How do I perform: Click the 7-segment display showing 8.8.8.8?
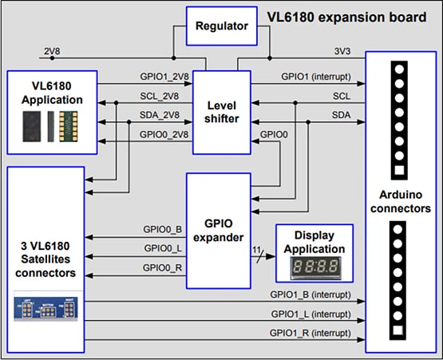tap(313, 267)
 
